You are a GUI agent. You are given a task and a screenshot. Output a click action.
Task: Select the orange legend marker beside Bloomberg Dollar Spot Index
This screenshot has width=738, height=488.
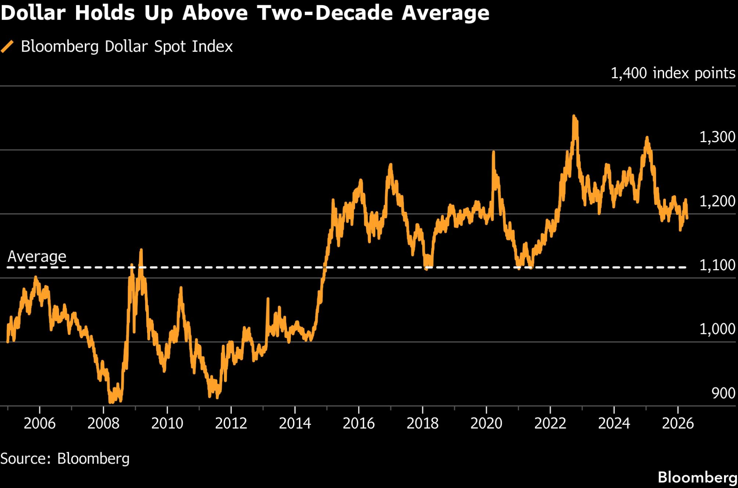point(7,47)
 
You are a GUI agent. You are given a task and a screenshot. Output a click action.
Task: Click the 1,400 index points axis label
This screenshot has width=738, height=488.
point(673,73)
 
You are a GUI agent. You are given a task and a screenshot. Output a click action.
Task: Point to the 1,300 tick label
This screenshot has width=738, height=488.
point(717,137)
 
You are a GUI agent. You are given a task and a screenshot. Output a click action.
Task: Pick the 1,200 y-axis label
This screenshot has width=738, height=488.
point(717,201)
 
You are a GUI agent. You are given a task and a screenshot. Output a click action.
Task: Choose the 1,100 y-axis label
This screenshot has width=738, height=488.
point(717,265)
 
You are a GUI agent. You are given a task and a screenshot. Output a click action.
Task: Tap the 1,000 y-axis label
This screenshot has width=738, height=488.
point(717,329)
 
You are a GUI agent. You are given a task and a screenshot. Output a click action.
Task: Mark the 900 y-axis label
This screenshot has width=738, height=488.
point(723,393)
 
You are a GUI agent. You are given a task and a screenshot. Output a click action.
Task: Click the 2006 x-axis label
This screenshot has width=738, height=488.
point(39,423)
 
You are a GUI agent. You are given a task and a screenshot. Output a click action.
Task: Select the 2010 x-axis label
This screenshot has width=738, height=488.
point(167,423)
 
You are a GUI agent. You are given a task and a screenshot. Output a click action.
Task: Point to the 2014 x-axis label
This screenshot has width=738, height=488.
point(295,423)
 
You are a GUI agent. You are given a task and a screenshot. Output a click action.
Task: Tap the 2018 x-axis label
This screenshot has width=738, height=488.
point(423,423)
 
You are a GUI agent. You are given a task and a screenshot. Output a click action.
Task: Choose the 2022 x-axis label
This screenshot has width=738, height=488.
point(550,423)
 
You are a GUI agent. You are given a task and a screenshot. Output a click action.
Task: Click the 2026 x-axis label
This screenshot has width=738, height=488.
point(678,423)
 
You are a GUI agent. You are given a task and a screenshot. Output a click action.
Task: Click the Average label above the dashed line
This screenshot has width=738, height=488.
point(37,256)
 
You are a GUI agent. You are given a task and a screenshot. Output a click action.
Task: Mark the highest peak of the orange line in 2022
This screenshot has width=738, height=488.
point(574,117)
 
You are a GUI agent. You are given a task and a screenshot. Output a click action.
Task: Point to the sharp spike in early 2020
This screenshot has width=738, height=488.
point(493,152)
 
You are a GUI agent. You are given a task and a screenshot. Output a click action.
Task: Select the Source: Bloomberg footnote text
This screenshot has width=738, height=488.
point(65,458)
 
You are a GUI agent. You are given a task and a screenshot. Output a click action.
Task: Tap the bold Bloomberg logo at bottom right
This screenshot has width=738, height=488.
point(697,477)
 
